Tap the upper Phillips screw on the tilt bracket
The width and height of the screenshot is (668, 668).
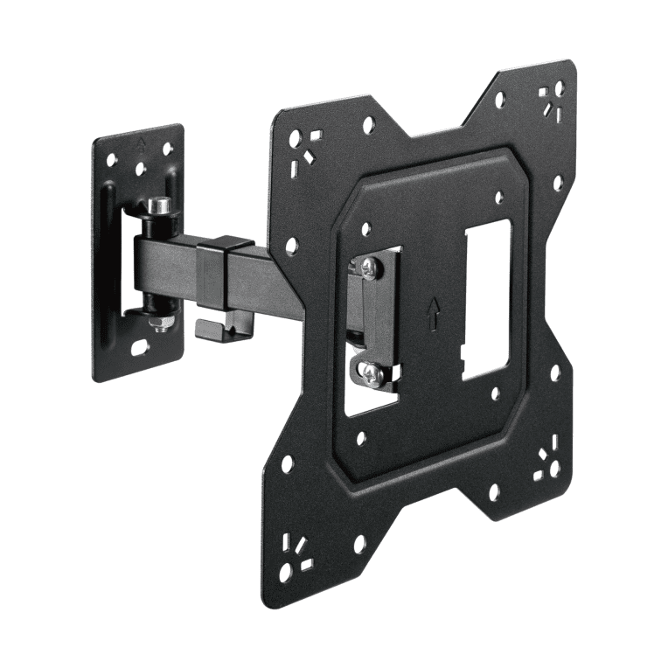[369, 267]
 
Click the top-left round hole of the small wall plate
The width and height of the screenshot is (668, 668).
[111, 161]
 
